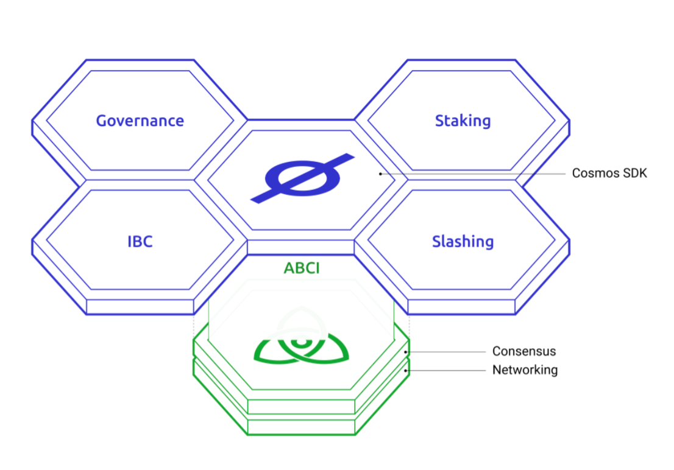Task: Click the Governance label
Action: coord(140,121)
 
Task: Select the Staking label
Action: coord(463,121)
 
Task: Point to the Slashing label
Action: coord(463,242)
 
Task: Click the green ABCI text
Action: coord(301,268)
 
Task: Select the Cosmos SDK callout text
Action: coord(609,174)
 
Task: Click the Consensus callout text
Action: coord(523,351)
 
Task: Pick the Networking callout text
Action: coord(525,370)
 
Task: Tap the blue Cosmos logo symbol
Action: coord(302,178)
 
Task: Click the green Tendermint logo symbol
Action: coord(301,348)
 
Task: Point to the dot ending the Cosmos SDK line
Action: coord(380,174)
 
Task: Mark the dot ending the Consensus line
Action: coord(406,352)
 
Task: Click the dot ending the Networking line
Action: coord(406,370)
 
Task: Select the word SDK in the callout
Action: coord(634,174)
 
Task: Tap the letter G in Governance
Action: coord(101,121)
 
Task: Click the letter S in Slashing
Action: coord(437,242)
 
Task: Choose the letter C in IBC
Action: coord(147,242)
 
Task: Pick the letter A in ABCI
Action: coord(288,268)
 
